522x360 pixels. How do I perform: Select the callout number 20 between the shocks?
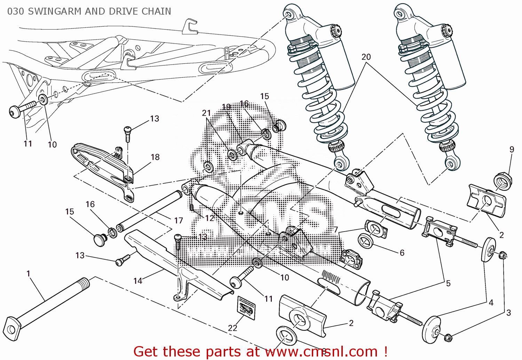(x=366, y=57)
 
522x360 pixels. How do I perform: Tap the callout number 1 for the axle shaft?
(x=29, y=274)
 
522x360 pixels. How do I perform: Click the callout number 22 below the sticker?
(x=232, y=328)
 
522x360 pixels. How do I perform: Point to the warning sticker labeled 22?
(x=246, y=308)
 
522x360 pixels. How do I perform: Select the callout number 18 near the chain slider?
(x=155, y=157)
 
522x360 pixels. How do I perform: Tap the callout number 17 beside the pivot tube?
(x=179, y=220)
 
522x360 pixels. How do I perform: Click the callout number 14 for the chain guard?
(x=138, y=281)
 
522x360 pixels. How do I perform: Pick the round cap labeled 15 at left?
(x=100, y=240)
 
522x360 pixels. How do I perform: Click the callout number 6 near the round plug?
(x=402, y=253)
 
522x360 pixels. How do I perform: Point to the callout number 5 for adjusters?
(x=448, y=283)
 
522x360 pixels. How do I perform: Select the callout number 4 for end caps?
(x=491, y=303)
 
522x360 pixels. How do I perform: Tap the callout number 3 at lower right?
(x=508, y=313)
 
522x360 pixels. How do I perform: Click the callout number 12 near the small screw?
(x=209, y=218)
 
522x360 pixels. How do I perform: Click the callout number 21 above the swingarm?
(x=206, y=113)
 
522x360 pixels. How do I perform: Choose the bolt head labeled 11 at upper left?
(x=15, y=112)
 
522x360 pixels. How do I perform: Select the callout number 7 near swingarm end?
(x=336, y=230)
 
